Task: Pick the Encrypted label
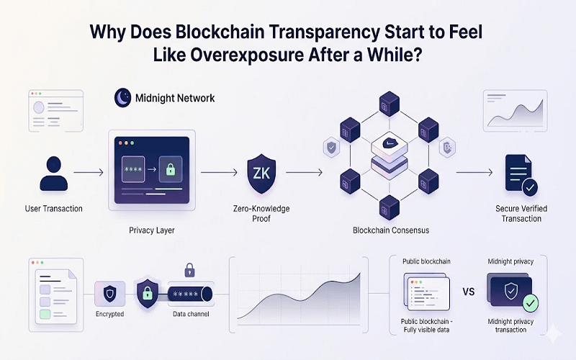(109, 315)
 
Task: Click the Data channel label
(191, 315)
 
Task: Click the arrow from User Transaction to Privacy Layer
(89, 173)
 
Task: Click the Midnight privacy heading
(510, 261)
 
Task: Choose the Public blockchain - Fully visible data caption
(425, 325)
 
